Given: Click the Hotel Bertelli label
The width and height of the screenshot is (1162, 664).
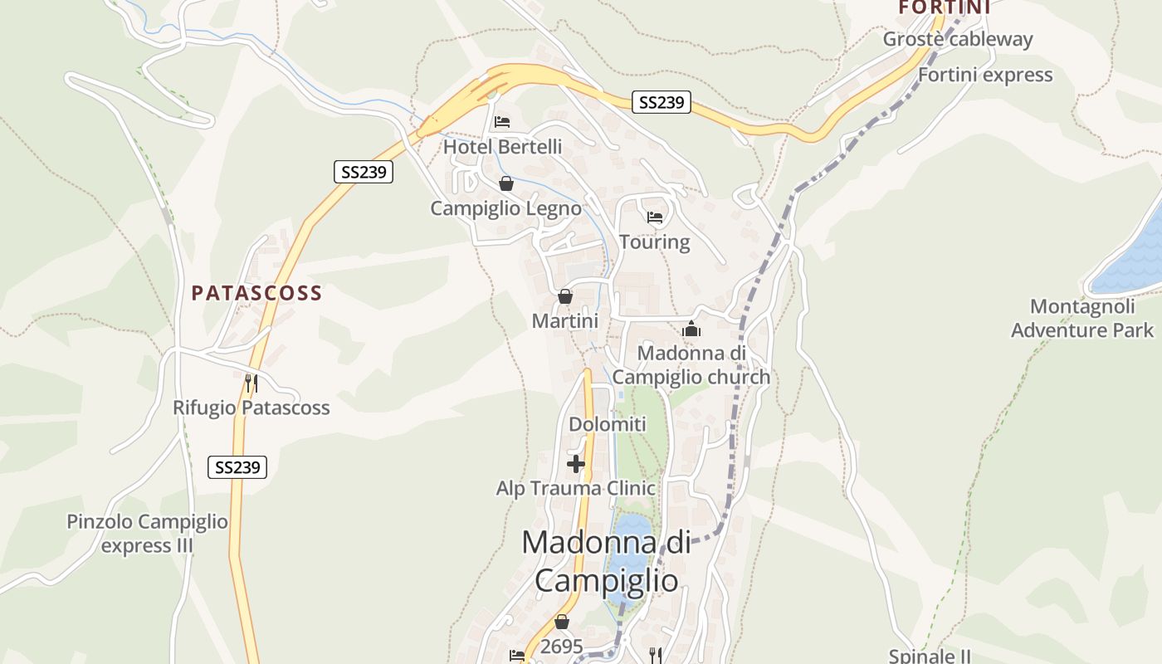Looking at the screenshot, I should [502, 147].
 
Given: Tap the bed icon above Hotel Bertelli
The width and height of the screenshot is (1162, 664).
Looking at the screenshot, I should [502, 122].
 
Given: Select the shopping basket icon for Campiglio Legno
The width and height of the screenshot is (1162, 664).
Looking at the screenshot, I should [505, 183].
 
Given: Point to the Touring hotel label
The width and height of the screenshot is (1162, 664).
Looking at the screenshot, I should [655, 242].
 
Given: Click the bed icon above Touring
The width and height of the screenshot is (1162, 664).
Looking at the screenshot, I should [655, 217].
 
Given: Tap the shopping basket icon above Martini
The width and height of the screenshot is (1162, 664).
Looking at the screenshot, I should [565, 296].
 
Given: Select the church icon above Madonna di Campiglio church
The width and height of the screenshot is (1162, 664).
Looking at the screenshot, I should [691, 329].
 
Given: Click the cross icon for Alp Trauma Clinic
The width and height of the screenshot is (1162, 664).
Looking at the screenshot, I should [576, 463].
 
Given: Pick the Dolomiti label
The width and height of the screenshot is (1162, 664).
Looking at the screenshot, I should [607, 424].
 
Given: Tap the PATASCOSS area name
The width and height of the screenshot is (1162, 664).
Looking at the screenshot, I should [256, 293].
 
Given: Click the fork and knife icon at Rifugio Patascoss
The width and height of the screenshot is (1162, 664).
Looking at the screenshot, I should [251, 383].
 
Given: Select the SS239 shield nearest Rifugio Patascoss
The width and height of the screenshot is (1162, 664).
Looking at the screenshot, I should [237, 467].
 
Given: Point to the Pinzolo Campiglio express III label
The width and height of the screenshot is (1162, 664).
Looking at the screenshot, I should [147, 534].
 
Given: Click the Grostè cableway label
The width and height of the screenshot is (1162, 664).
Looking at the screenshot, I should [957, 39].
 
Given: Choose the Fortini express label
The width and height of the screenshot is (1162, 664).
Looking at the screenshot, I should [984, 75].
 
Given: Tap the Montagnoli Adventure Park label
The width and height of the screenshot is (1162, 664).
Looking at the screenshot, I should [1081, 318].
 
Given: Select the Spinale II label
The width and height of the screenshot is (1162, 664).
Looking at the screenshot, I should [929, 656].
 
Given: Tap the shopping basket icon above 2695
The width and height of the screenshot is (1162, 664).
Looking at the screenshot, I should [562, 622].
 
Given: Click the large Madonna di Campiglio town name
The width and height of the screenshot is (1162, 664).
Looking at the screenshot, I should [606, 561].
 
